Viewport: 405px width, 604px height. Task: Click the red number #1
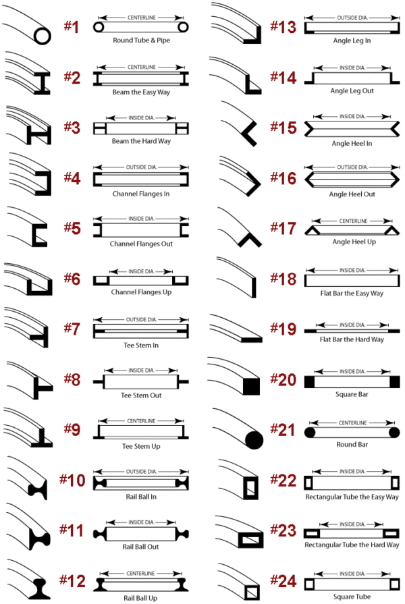(72, 28)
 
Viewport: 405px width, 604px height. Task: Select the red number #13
(283, 27)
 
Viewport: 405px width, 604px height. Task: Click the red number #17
(283, 227)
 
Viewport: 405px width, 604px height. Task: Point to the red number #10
(72, 480)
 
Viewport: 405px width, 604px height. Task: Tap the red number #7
(72, 329)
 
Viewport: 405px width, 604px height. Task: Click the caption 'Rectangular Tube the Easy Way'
(351, 497)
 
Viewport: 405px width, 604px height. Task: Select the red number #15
(283, 128)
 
